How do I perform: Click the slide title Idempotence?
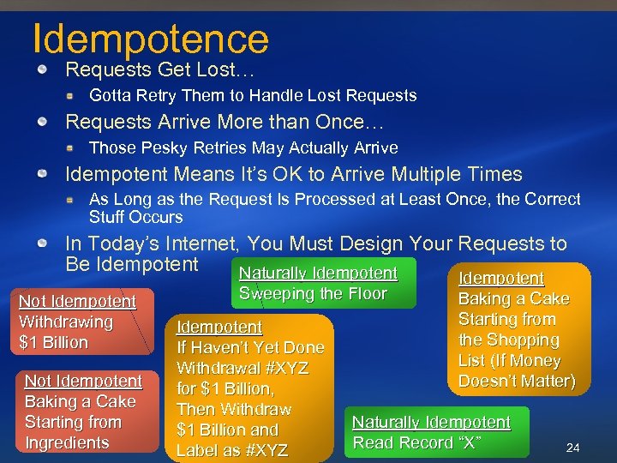point(150,38)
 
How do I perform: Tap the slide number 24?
point(572,448)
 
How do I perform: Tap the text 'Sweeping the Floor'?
point(313,294)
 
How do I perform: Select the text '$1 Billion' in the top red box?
point(53,343)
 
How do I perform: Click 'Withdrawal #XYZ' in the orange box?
point(242,369)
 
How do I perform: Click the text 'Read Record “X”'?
point(416,443)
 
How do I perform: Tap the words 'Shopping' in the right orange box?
point(524,340)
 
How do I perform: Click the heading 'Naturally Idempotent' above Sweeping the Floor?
point(318,274)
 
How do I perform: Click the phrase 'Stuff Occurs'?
point(135,217)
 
